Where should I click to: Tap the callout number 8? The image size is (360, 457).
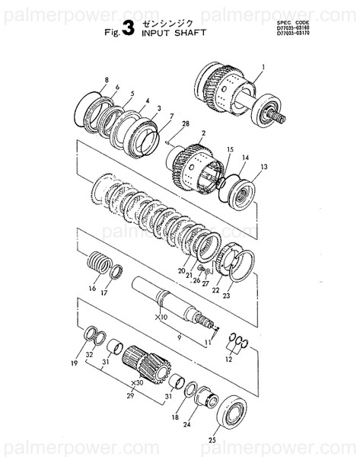107,79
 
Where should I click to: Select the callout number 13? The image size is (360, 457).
264,166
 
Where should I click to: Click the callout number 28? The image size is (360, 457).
185,123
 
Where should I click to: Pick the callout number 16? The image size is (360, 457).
92,289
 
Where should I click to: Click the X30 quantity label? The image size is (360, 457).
137,383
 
